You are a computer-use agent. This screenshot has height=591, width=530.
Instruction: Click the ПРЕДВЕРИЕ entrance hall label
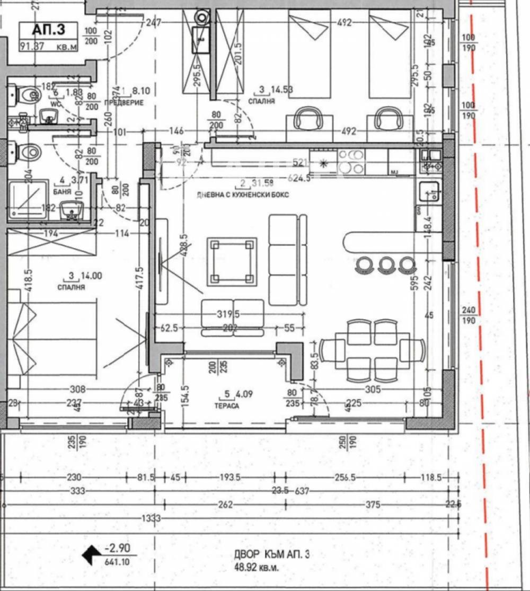pos(125,103)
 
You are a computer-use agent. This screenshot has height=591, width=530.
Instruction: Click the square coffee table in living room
pos(230,261)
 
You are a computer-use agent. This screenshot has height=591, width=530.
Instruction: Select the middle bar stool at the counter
pos(386,263)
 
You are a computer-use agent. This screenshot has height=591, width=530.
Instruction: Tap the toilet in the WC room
pos(25,96)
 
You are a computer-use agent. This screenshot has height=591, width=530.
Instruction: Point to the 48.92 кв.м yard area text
pos(257,567)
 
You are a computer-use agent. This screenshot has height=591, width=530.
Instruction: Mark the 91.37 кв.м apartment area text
pos(48,46)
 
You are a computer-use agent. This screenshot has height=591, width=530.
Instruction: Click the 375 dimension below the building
pos(373,505)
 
